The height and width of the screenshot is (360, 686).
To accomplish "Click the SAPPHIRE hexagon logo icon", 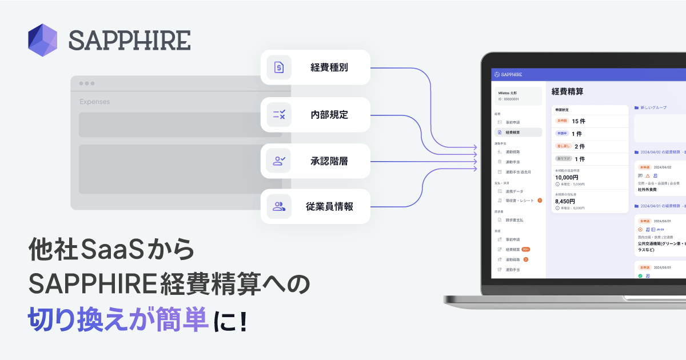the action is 43,40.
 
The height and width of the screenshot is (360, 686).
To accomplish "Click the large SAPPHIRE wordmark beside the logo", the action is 129,40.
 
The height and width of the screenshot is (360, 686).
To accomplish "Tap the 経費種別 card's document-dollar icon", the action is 279,67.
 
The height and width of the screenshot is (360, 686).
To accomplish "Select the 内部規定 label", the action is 329,114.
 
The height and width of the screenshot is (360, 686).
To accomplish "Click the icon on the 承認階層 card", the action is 279,161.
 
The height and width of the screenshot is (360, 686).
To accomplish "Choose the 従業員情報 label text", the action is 329,207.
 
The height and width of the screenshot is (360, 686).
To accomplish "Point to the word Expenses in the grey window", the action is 95,102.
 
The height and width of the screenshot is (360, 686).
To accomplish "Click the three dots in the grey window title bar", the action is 87,83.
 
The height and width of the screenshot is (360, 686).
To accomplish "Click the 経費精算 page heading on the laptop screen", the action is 568,91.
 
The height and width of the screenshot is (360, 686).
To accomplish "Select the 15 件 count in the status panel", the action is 579,121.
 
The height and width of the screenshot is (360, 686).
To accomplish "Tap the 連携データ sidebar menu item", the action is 514,191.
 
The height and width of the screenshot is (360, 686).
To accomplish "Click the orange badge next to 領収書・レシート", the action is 540,200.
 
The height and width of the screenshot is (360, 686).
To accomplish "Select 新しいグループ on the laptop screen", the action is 653,107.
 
